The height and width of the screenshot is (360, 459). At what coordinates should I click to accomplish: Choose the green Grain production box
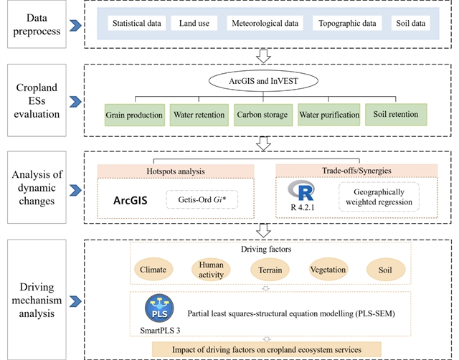pos(134,114)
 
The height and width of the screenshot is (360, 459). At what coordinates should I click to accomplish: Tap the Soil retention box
pos(395,114)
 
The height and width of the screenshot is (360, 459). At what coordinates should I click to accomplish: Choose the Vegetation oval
pos(328,270)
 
